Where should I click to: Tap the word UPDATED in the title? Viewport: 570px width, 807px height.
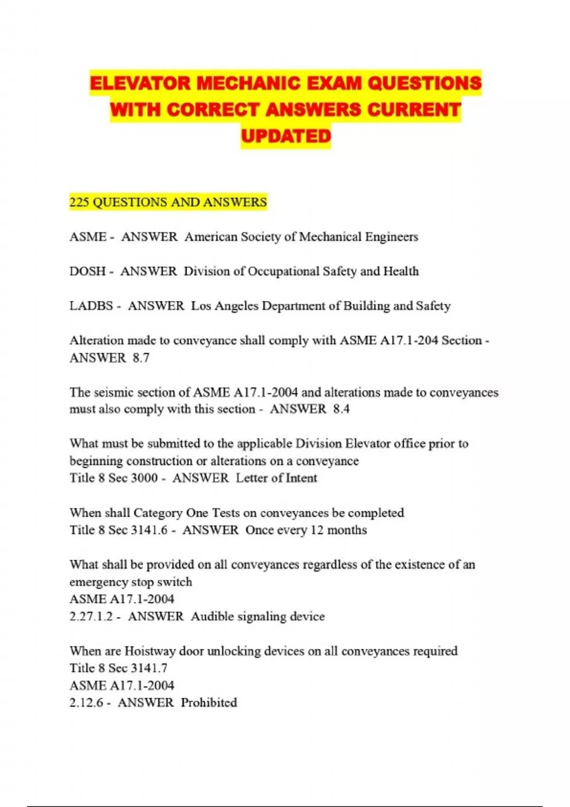285,136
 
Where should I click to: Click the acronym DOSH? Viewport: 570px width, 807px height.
87,271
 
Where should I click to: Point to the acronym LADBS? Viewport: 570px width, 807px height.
91,306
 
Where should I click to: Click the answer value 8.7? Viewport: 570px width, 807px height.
141,357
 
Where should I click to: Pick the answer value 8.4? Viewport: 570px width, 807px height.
341,409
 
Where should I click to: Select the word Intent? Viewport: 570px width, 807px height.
301,478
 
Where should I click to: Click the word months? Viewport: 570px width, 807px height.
347,530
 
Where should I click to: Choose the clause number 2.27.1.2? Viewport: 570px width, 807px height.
91,616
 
